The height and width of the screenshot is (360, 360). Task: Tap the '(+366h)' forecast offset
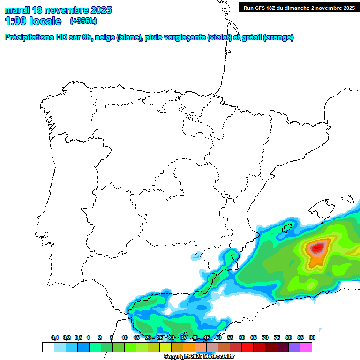pos(83,21)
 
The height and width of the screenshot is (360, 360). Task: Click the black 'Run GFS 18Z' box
pos(299,7)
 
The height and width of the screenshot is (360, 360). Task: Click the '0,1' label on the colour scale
pos(55,337)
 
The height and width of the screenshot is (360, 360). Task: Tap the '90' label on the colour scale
pos(312,337)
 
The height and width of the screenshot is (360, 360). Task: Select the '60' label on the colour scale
pos(242,337)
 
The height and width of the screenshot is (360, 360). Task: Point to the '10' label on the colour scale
pos(125,337)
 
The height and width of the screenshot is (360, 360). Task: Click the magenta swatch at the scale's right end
pos(306,347)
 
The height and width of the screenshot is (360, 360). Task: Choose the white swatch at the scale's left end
pos(48,347)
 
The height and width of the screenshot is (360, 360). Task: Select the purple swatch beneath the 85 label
pos(294,347)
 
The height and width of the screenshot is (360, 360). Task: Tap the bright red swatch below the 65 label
pos(247,347)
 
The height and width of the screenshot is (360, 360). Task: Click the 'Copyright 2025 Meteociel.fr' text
pos(199,357)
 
